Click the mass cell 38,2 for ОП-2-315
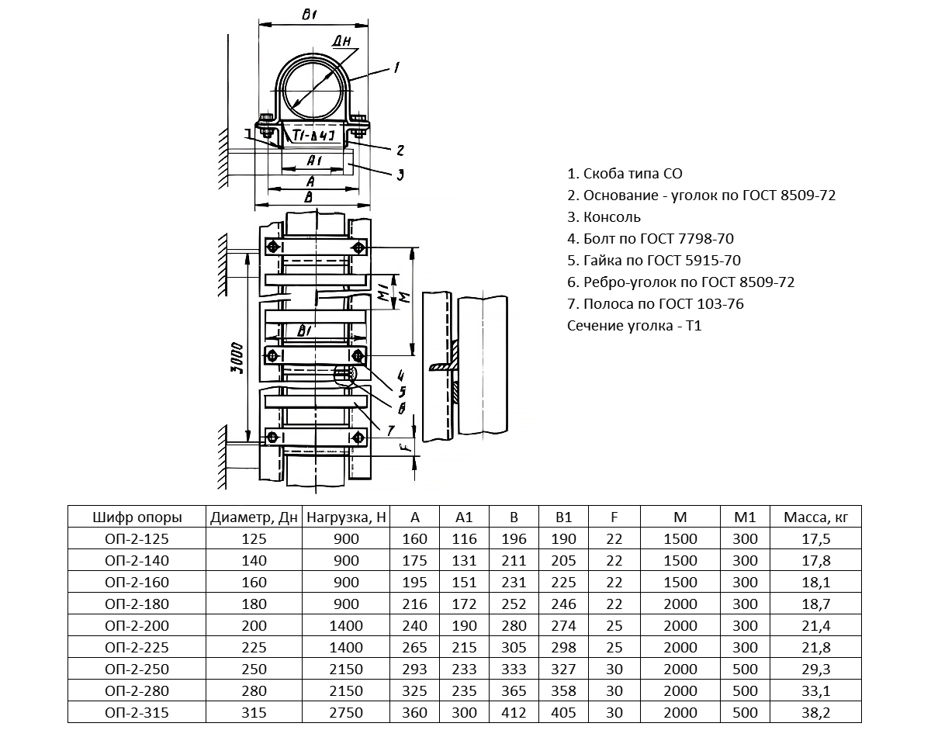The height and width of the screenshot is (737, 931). click(822, 712)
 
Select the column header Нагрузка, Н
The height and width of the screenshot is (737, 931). click(347, 517)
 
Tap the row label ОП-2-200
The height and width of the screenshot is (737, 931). click(137, 625)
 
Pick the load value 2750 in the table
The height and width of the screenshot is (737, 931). click(347, 712)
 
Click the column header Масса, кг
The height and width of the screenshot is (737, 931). click(822, 517)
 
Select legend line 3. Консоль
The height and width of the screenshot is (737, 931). click(604, 217)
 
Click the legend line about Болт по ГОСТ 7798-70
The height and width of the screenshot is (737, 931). click(650, 239)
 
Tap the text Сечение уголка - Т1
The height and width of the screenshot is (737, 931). click(635, 326)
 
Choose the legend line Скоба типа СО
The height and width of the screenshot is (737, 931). click(625, 174)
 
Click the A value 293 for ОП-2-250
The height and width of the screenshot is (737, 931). click(415, 669)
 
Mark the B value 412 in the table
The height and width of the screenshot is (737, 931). click(514, 712)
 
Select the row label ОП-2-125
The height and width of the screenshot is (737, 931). click(137, 538)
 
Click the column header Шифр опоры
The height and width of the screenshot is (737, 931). click(137, 517)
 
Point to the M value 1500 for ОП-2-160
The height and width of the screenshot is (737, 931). click(680, 582)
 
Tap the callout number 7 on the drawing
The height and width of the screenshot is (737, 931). click(390, 428)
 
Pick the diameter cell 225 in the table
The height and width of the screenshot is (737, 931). click(254, 647)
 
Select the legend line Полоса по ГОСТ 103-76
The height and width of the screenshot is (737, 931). click(656, 304)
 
